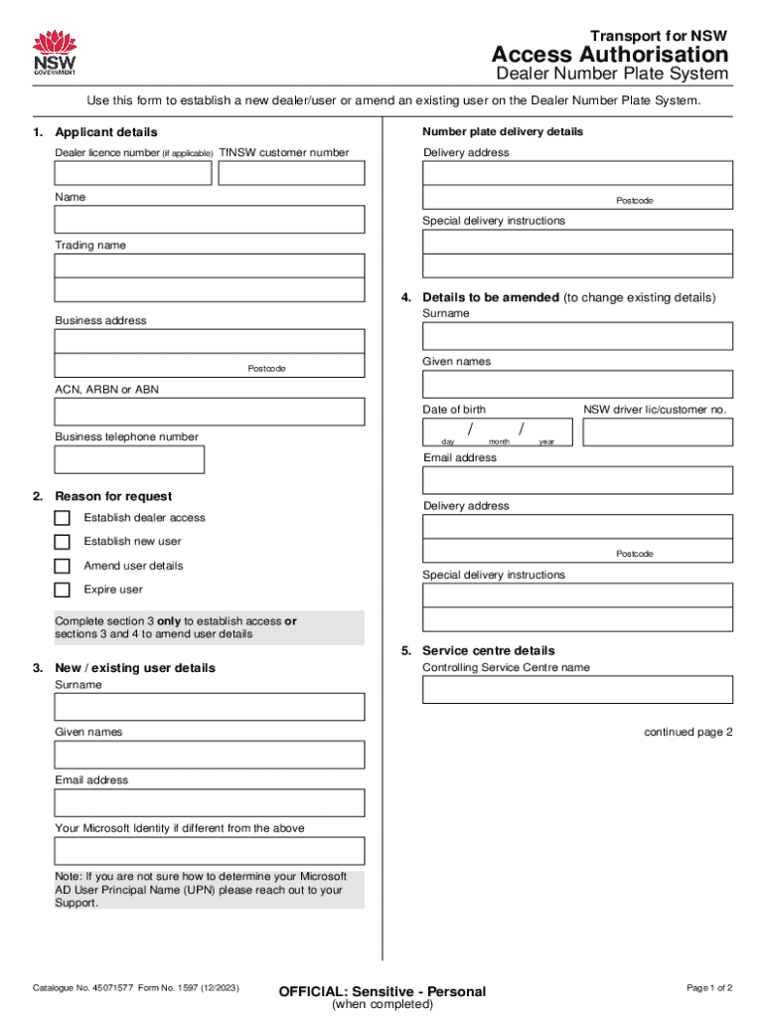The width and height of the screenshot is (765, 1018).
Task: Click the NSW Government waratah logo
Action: [55, 53]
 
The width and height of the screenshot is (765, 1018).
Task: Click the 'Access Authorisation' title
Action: [610, 54]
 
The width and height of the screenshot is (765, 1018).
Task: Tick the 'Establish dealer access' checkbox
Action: [63, 518]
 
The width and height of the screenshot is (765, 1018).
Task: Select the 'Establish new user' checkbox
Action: [63, 542]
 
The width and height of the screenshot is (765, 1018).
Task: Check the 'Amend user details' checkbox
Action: [63, 566]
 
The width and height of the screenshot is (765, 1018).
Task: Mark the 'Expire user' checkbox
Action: [63, 590]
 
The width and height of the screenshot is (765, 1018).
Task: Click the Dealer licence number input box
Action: [133, 173]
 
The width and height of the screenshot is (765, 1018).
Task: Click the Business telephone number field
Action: [129, 459]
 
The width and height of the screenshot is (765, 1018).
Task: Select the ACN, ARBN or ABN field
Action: [210, 412]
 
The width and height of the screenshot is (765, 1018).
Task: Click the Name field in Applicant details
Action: [210, 220]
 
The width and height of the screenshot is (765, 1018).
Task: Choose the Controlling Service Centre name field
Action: [577, 690]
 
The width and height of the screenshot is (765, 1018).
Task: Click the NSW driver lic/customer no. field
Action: [658, 431]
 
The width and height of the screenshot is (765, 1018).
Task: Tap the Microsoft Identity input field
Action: [210, 851]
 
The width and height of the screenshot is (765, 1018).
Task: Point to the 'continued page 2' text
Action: [688, 733]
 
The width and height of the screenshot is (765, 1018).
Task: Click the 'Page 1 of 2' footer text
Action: [709, 987]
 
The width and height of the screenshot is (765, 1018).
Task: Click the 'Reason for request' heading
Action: [113, 496]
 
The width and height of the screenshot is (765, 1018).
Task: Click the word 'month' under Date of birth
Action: [499, 441]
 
